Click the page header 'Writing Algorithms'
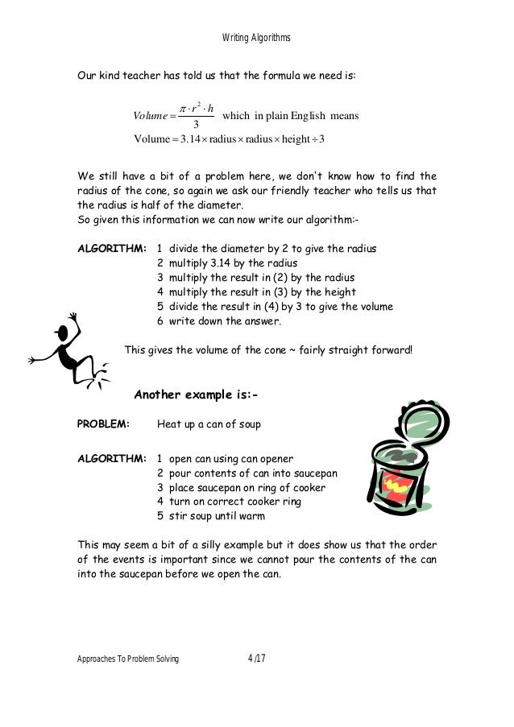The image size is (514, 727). click(256, 38)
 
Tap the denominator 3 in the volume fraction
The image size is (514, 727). click(196, 124)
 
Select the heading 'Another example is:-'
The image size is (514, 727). click(195, 394)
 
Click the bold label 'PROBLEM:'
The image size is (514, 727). click(102, 423)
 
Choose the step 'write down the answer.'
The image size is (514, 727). click(225, 321)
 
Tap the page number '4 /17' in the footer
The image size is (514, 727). click(258, 659)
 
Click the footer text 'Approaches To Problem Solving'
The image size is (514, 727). click(127, 659)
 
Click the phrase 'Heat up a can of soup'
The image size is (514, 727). click(209, 423)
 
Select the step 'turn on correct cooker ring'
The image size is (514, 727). click(234, 502)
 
